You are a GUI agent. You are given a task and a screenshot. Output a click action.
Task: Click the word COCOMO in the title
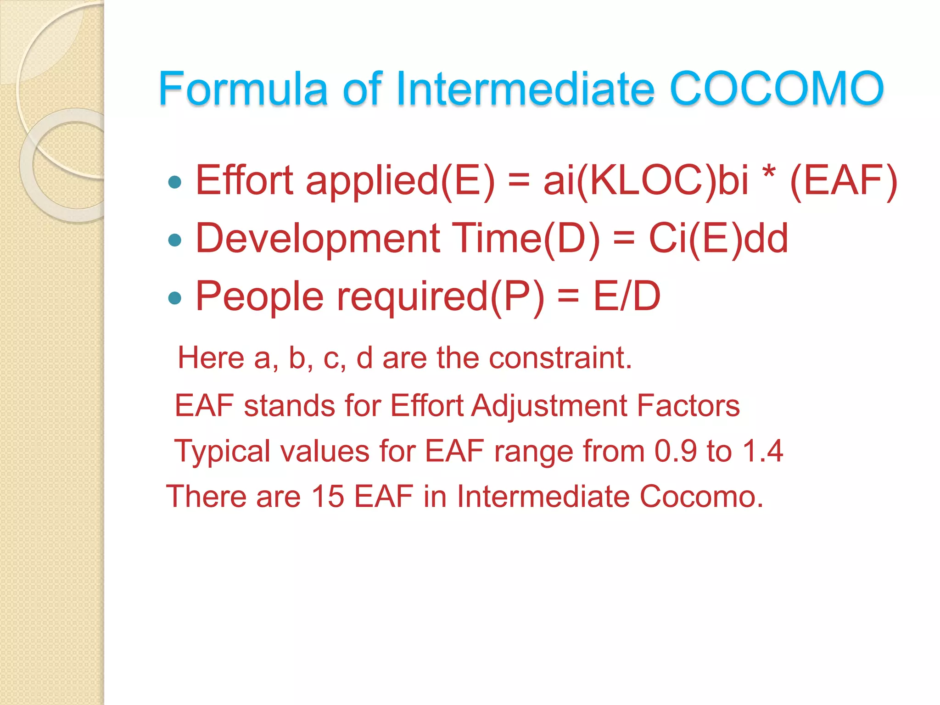(777, 88)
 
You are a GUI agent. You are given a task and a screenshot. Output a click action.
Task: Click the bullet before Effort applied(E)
(175, 182)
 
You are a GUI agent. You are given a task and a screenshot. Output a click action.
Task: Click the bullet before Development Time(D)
(175, 240)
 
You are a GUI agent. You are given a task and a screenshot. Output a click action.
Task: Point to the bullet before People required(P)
(175, 298)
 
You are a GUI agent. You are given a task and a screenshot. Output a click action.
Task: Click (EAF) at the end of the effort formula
(844, 181)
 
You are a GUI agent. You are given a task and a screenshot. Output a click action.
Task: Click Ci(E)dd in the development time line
(718, 239)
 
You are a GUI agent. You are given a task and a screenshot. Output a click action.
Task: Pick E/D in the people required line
(627, 297)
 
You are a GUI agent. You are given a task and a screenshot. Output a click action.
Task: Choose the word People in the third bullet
(260, 297)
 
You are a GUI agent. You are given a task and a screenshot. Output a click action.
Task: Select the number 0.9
(676, 451)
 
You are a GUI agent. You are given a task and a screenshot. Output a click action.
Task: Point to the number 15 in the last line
(327, 497)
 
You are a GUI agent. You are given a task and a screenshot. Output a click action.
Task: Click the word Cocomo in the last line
(701, 497)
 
